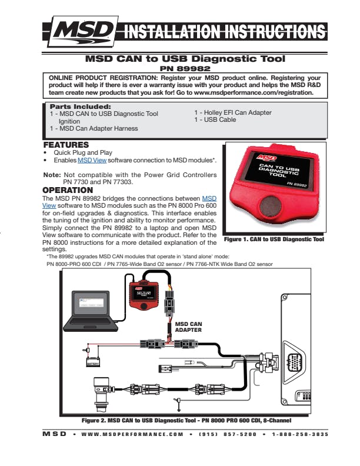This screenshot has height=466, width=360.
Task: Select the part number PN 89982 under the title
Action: (x=185, y=68)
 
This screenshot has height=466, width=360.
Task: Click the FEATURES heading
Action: (x=66, y=145)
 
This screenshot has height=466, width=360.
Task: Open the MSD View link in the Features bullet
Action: (x=93, y=160)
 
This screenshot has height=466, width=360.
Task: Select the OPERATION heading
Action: (x=68, y=191)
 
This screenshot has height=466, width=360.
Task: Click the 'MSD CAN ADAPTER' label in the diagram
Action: (x=188, y=327)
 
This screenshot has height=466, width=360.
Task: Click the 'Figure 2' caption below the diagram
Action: (x=186, y=421)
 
